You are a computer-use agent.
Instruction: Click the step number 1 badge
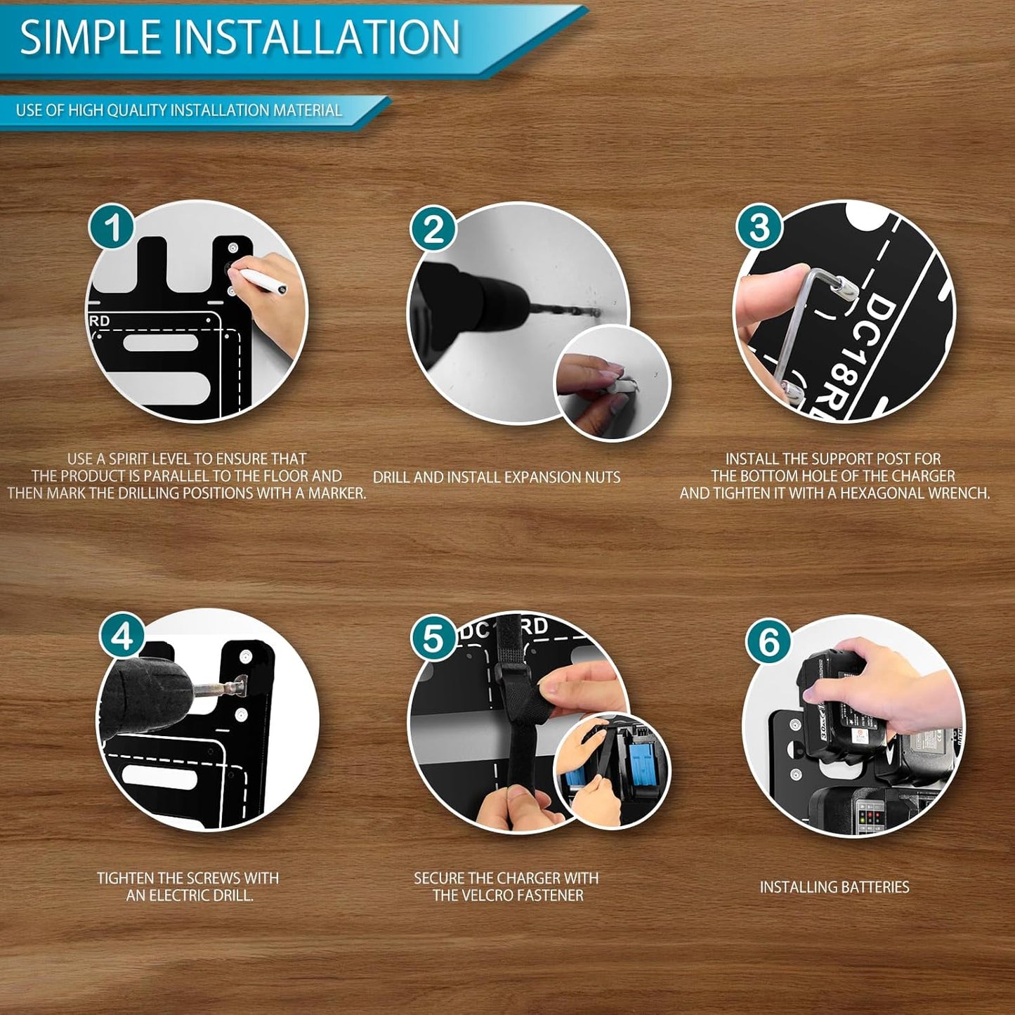tap(112, 228)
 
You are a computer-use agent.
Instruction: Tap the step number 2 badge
tap(433, 230)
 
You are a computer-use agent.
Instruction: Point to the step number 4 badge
tap(122, 639)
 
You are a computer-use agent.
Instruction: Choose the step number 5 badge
tap(433, 639)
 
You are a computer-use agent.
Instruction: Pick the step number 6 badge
tap(768, 643)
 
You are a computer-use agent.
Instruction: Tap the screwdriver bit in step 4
tap(222, 686)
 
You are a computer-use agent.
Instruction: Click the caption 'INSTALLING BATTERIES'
tap(834, 887)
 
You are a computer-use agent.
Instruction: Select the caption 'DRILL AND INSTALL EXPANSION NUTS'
tap(497, 477)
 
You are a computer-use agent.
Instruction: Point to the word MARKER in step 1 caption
tap(338, 494)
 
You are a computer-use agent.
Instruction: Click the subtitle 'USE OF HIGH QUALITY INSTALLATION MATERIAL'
tap(179, 110)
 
